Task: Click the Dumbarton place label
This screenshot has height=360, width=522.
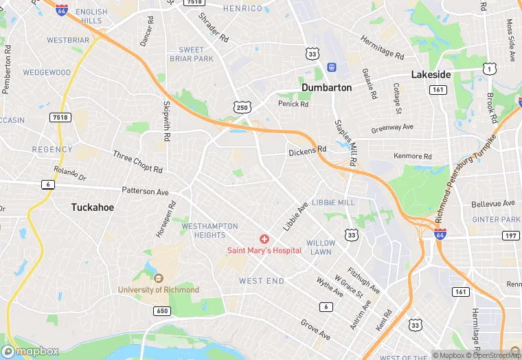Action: click(326, 88)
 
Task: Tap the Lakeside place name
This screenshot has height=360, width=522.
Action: click(431, 74)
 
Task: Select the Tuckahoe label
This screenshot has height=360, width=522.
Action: click(92, 207)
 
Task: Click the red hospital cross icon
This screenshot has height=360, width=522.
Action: click(264, 238)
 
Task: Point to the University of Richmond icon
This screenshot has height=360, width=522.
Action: click(158, 278)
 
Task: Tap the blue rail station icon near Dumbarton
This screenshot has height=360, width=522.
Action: click(331, 67)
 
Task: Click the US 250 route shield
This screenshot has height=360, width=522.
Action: click(241, 107)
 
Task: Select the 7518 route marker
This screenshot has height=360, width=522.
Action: click(60, 118)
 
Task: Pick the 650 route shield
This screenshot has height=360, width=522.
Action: click(162, 311)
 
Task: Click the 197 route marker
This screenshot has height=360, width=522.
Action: click(510, 236)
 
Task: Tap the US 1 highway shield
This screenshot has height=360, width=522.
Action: click(489, 68)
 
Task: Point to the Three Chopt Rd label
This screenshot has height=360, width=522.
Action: click(137, 161)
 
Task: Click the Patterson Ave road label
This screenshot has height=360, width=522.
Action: click(145, 192)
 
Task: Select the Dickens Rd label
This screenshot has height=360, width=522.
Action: click(307, 151)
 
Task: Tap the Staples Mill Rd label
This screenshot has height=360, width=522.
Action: click(344, 142)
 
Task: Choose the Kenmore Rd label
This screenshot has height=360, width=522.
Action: click(413, 156)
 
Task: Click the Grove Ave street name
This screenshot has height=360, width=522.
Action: click(315, 329)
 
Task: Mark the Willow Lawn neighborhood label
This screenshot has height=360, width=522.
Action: click(321, 248)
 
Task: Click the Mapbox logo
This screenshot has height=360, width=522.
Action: click(30, 351)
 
